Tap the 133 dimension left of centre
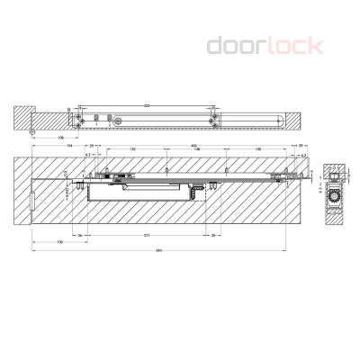(132, 150)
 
